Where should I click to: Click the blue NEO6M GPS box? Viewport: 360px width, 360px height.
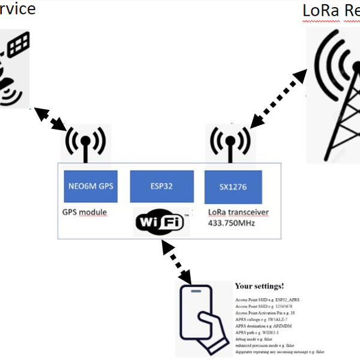[88, 187]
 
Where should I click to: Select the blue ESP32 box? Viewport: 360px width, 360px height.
[162, 187]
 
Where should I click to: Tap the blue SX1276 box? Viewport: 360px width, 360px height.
[233, 187]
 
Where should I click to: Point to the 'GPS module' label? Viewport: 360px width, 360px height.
[85, 212]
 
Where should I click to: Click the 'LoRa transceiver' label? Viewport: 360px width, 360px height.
[238, 212]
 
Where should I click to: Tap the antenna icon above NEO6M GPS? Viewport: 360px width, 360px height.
[86, 144]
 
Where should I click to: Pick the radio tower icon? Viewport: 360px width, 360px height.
[333, 96]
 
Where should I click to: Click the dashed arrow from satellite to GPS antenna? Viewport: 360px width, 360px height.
[50, 119]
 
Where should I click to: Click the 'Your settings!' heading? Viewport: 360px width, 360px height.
[259, 287]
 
